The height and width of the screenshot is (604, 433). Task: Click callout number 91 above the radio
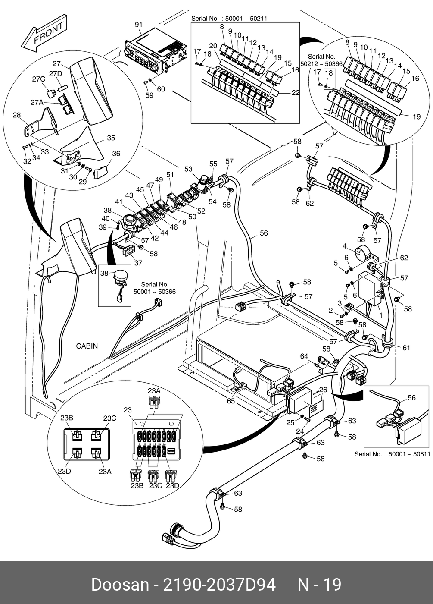tap(138, 25)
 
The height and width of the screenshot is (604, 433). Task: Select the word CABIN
tap(87, 346)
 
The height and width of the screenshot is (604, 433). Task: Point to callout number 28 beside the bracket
tap(17, 115)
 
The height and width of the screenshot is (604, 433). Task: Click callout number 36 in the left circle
tap(116, 154)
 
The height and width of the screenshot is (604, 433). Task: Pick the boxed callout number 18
tap(329, 73)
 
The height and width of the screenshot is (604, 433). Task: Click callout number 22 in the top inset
tap(295, 93)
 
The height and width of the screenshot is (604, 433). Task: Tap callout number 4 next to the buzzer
tap(345, 246)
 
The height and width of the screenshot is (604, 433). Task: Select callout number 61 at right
tap(406, 348)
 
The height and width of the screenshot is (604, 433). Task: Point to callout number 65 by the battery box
tap(231, 401)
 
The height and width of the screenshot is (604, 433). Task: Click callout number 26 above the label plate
tap(323, 390)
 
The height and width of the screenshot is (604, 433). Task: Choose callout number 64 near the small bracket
tap(304, 356)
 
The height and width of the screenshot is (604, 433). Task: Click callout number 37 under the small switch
tap(138, 263)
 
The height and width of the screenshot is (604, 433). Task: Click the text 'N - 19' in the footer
tap(320, 585)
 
